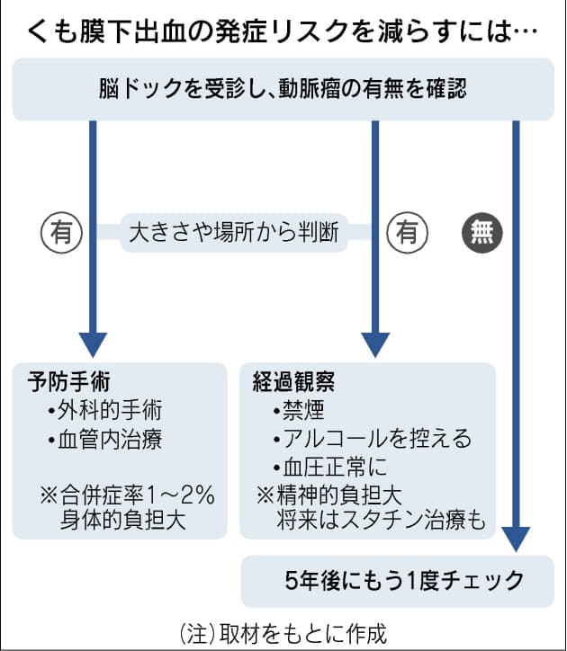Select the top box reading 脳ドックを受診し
click(283, 89)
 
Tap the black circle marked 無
click(481, 234)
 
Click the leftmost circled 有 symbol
click(59, 234)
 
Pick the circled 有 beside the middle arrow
click(406, 234)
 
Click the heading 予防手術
click(69, 381)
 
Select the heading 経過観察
click(293, 381)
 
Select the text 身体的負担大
click(123, 521)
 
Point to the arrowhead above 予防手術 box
click(93, 343)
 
